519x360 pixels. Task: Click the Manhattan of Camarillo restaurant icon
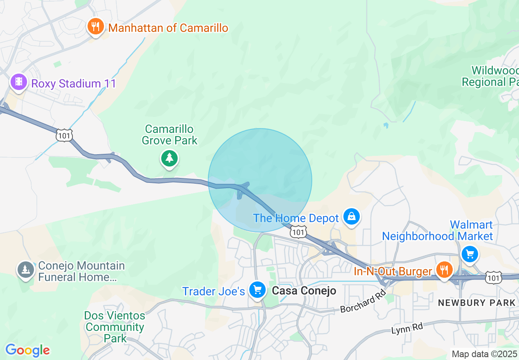[x=95, y=27]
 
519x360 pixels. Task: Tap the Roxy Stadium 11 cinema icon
[x=18, y=82]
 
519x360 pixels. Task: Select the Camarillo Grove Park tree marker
[x=169, y=158]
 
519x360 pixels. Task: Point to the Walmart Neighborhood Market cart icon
[x=469, y=254]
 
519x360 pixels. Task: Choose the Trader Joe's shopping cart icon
[x=257, y=290]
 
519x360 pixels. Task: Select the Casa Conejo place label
[x=304, y=291]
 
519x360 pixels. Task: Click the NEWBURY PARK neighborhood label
[x=476, y=303]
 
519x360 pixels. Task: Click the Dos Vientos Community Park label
[x=115, y=327]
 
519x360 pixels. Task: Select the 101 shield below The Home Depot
[x=298, y=232]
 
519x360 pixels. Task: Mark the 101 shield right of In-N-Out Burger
[x=493, y=278]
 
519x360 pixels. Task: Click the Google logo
[x=27, y=350]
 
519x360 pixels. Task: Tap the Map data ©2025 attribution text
[x=484, y=354]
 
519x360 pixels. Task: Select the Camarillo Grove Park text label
[x=169, y=135]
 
